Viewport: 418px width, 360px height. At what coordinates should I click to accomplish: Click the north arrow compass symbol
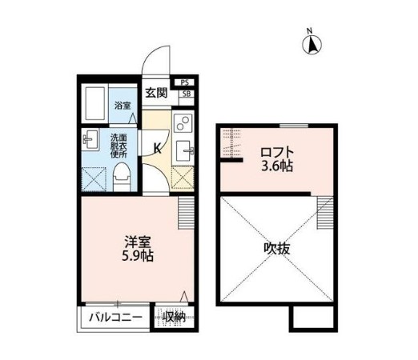point(310,44)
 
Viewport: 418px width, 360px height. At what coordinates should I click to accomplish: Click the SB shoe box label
point(186,94)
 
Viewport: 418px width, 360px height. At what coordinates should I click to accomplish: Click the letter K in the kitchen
point(157,147)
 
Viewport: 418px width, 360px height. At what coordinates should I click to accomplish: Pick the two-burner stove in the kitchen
point(183,124)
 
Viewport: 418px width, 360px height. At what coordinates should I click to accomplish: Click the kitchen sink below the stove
point(185,150)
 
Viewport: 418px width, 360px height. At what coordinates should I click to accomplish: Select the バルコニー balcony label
point(115,318)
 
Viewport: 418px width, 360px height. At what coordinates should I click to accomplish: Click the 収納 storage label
point(173,318)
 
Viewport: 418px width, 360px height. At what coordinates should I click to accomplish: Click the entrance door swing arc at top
point(157,60)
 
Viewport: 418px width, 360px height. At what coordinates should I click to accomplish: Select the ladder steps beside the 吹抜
point(324,212)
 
